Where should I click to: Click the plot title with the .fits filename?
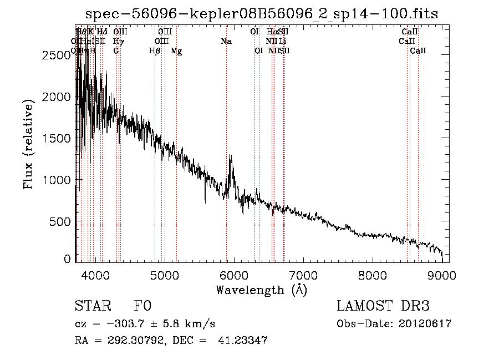pyautogui.click(x=262, y=14)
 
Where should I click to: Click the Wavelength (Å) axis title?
pyautogui.click(x=261, y=289)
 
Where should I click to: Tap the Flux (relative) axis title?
pyautogui.click(x=28, y=143)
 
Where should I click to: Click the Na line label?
pyautogui.click(x=226, y=42)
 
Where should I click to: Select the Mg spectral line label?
pyautogui.click(x=176, y=51)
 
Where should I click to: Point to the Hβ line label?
pyautogui.click(x=155, y=51)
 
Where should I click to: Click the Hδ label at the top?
pyautogui.click(x=102, y=32)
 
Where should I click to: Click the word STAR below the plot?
pyautogui.click(x=92, y=307)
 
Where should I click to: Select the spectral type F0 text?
pyautogui.click(x=142, y=307)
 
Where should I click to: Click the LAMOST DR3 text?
pyautogui.click(x=383, y=307)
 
